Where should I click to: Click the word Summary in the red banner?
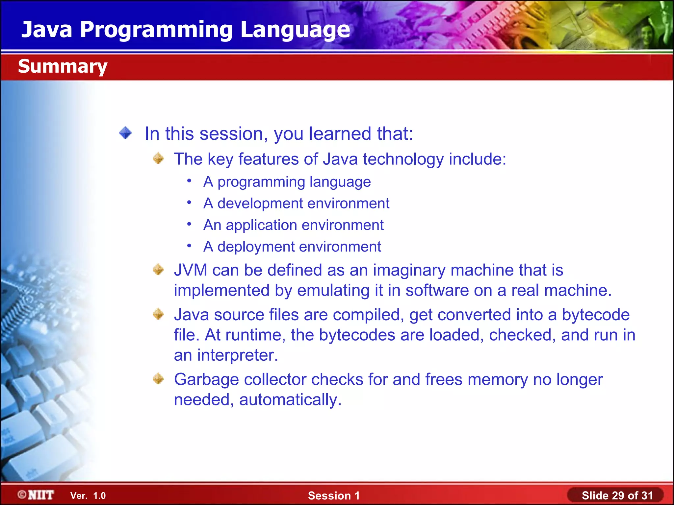coord(63,66)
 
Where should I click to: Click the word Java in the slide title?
coord(47,30)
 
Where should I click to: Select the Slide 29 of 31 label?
coord(617,495)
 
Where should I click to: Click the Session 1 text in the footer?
coord(334,495)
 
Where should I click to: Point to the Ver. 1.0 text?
coord(88,495)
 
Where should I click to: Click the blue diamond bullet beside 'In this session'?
coord(125,133)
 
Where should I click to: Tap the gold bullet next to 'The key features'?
coord(158,158)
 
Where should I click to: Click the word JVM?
coord(191,270)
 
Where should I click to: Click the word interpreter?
coord(237,355)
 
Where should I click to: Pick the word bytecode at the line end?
coord(596,315)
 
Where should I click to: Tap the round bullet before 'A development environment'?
coord(189,203)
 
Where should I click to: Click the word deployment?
coord(256,247)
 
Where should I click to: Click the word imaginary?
coord(409,270)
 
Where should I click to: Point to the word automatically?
coord(290,400)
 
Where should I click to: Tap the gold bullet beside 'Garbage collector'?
coord(158,379)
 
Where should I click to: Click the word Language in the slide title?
coord(295,30)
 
